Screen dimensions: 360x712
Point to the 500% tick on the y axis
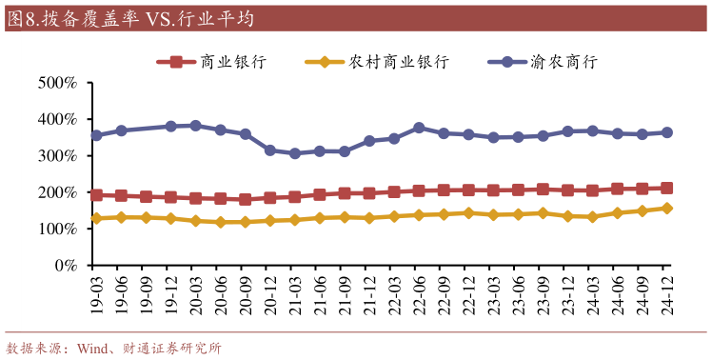point(57,83)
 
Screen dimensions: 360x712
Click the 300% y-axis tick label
point(57,156)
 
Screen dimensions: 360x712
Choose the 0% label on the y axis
point(65,266)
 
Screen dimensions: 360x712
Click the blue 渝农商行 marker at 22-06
point(419,128)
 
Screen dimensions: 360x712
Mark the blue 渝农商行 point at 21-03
point(295,153)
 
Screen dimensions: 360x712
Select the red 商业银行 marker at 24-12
point(666,189)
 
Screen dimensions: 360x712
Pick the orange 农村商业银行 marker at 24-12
point(666,208)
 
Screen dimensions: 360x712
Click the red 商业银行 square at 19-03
point(97,195)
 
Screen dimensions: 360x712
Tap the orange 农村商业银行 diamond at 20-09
point(246,222)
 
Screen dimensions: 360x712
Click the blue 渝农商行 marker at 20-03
point(196,126)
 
